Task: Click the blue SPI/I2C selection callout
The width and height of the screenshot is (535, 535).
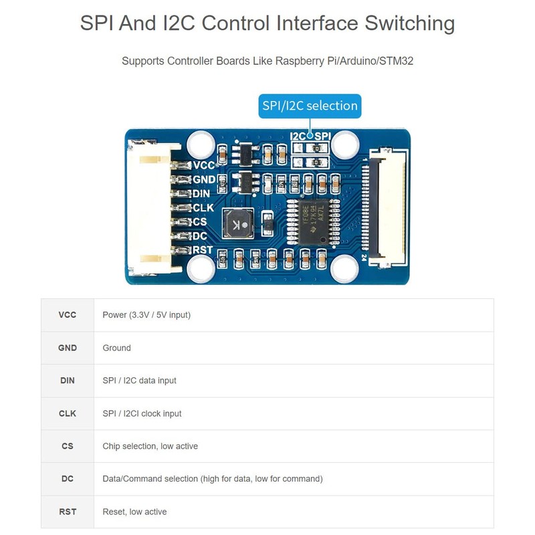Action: click(310, 106)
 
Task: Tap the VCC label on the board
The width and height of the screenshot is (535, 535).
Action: click(203, 165)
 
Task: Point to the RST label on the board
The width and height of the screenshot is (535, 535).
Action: click(203, 250)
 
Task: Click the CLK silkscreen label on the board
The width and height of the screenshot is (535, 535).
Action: click(203, 208)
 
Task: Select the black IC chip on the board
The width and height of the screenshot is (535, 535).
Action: click(309, 221)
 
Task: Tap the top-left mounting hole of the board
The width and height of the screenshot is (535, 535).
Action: click(201, 144)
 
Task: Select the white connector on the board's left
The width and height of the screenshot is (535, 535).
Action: click(153, 207)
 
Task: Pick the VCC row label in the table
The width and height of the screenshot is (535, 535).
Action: click(68, 315)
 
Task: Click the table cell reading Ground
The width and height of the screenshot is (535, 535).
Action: click(117, 348)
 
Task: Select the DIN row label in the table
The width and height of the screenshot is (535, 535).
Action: click(68, 381)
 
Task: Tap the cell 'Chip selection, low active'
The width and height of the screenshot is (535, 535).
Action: click(150, 446)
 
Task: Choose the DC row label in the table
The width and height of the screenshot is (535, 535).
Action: click(68, 479)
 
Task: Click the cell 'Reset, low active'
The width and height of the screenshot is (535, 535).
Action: click(134, 512)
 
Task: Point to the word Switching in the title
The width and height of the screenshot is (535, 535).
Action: click(409, 23)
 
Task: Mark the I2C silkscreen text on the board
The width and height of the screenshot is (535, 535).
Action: click(298, 136)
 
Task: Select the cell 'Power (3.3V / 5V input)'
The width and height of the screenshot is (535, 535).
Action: click(146, 315)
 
